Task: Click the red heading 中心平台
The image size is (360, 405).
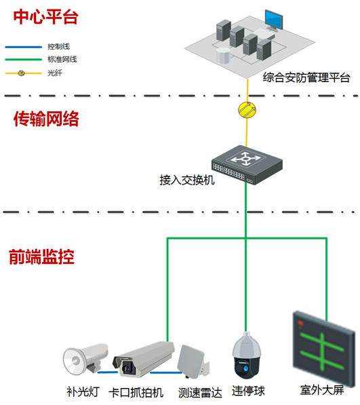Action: (x=46, y=16)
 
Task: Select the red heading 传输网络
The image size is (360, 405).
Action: (x=47, y=119)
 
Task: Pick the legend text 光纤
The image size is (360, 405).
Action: (x=55, y=72)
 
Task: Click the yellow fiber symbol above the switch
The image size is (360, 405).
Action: (x=245, y=109)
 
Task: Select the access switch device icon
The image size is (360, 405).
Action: (x=245, y=163)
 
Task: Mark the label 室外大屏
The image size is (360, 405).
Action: (x=322, y=391)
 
